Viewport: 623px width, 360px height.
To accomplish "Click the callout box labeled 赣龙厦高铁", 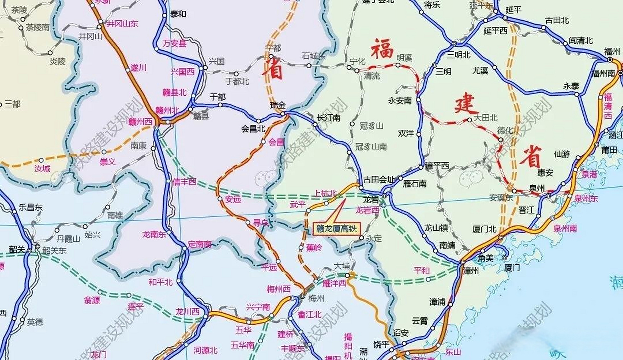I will [336, 229].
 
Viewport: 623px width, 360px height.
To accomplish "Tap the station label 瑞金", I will [278, 105].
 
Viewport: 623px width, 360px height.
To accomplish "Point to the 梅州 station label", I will [316, 298].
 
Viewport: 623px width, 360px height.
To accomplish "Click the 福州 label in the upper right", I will [612, 52].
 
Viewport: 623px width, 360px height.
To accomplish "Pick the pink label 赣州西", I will [140, 122].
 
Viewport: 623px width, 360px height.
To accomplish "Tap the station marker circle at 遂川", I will [128, 70].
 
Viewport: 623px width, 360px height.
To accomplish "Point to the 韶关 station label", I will [17, 249].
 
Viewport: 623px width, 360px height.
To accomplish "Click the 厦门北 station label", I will [484, 229].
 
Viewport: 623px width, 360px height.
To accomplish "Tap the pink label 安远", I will [233, 199].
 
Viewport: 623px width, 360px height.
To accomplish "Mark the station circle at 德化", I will [501, 140].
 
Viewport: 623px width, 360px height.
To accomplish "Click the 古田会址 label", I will [379, 179].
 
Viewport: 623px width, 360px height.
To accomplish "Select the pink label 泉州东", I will [586, 199].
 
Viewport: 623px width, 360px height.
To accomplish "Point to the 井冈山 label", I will [90, 36].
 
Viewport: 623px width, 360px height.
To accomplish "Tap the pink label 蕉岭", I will [314, 248].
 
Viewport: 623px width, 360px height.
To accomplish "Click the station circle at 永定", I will [362, 238].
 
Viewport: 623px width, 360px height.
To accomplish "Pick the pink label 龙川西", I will [187, 312].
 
